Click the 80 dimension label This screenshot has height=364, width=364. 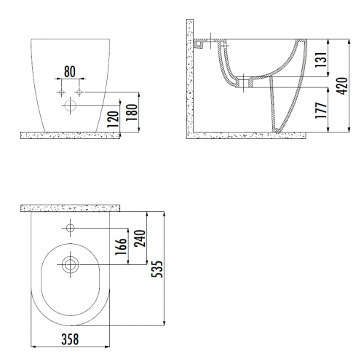pyautogui.click(x=70, y=71)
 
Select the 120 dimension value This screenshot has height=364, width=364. pyautogui.click(x=113, y=119)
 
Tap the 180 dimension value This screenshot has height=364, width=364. pyautogui.click(x=132, y=112)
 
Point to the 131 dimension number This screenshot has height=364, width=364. pyautogui.click(x=322, y=60)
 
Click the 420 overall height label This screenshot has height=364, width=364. pyautogui.click(x=342, y=86)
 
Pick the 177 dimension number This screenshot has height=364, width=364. pyautogui.click(x=321, y=111)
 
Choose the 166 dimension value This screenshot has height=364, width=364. pyautogui.click(x=121, y=247)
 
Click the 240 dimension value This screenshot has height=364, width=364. pyautogui.click(x=140, y=239)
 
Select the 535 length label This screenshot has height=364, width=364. pyautogui.click(x=157, y=269)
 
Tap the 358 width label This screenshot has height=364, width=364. pyautogui.click(x=70, y=339)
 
